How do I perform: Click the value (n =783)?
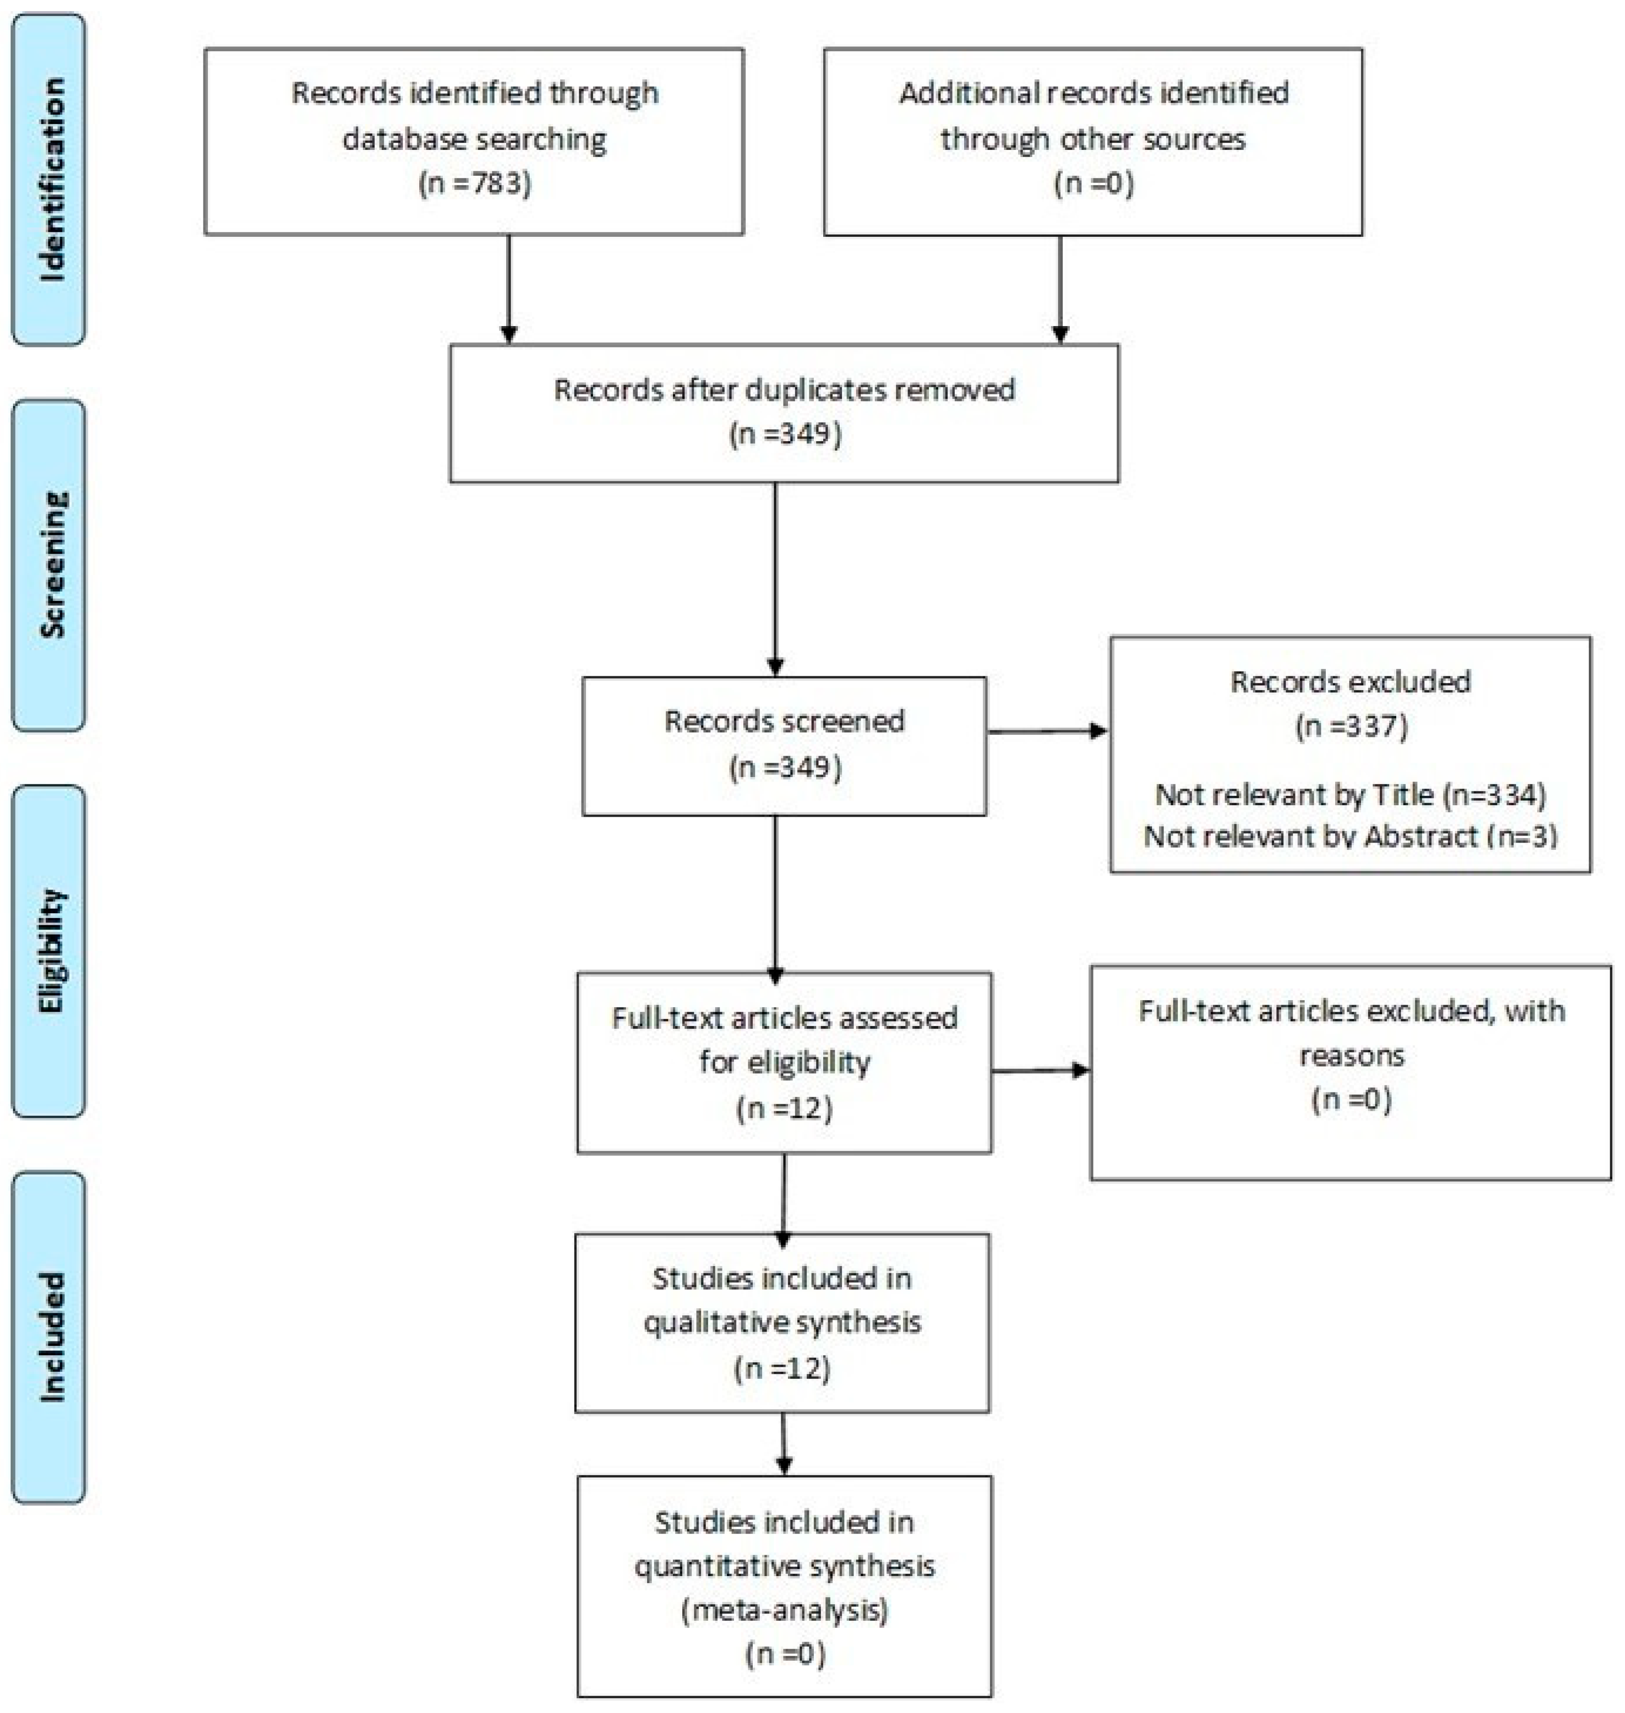(x=474, y=184)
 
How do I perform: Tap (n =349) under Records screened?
(x=785, y=767)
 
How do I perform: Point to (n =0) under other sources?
(x=1093, y=184)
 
